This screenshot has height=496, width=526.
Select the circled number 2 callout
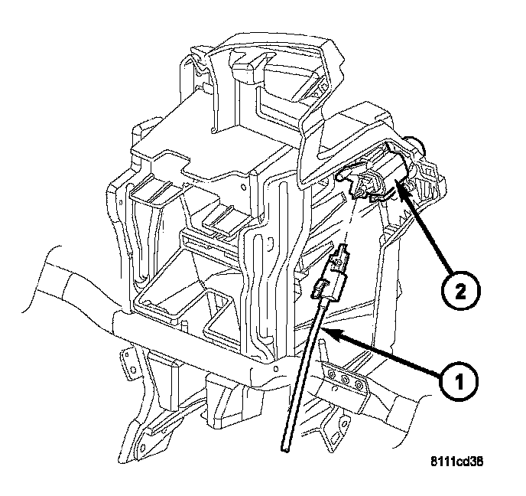[x=461, y=291]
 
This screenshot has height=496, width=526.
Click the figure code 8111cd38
[x=457, y=462]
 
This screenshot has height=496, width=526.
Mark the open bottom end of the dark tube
[x=284, y=449]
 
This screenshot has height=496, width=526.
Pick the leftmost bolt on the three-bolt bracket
[x=333, y=374]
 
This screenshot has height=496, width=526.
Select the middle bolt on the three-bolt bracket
[x=345, y=380]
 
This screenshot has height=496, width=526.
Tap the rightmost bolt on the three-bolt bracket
[x=359, y=384]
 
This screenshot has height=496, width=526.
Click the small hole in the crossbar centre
[x=276, y=369]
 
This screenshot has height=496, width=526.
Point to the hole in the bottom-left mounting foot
[x=143, y=448]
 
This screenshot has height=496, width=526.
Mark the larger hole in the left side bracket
[x=133, y=370]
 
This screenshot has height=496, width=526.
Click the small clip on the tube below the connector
[x=320, y=289]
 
